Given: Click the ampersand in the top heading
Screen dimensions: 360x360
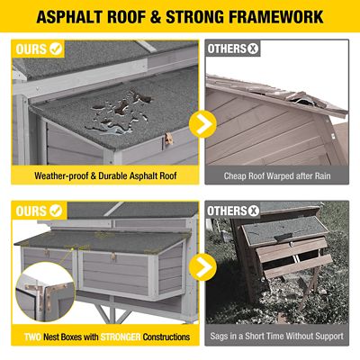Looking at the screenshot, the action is point(156,17).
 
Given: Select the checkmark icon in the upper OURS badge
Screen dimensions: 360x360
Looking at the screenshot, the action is point(56,49).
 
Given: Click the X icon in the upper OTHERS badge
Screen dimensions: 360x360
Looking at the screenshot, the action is point(253,49).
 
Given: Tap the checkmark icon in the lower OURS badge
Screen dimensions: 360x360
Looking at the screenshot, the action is point(56,211).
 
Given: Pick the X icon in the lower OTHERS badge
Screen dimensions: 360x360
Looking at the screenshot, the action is point(253,211).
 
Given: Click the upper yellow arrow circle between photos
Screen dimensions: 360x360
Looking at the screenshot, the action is point(202,124).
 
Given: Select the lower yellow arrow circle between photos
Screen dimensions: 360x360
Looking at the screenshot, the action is point(202,267).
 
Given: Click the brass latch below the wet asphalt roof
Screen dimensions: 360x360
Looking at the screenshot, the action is point(169,139).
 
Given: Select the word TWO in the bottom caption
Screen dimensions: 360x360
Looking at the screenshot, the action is point(32,337).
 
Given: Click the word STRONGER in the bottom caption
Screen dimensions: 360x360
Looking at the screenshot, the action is point(121,337).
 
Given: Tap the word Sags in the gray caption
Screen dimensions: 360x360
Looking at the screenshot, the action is point(219,336).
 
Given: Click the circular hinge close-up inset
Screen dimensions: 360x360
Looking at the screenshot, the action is point(45,292).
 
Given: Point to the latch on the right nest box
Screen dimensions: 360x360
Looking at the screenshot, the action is point(113,256).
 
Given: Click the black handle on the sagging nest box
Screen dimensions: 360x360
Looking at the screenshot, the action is point(283,237).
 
